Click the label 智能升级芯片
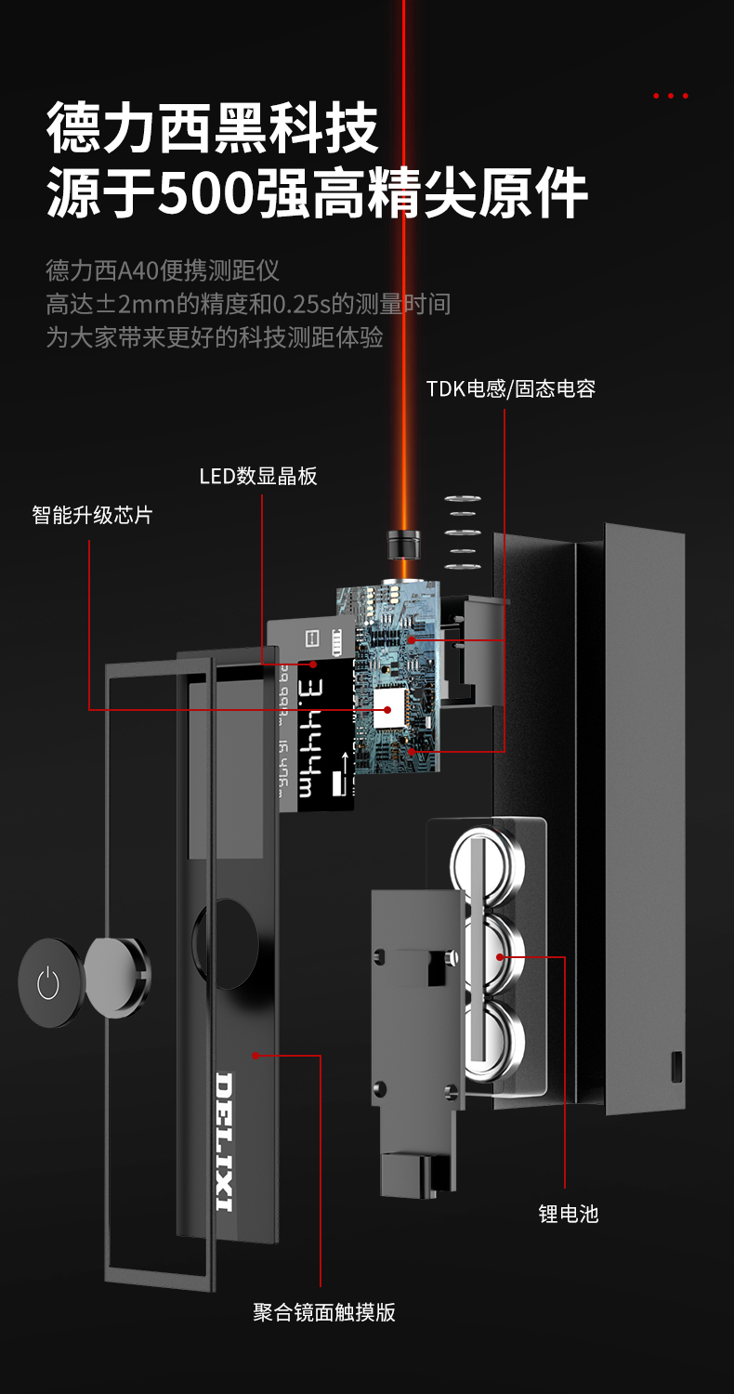[x=92, y=515]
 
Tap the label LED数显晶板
[x=258, y=477]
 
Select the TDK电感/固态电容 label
[x=510, y=388]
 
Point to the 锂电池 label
[x=569, y=1214]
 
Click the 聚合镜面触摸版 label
[x=324, y=1312]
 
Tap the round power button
[x=48, y=982]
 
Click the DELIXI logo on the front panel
[x=224, y=1142]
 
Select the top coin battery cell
[x=488, y=860]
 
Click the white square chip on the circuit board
[x=388, y=711]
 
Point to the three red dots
[x=670, y=96]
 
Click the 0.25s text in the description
[x=305, y=304]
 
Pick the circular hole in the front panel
[x=226, y=944]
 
